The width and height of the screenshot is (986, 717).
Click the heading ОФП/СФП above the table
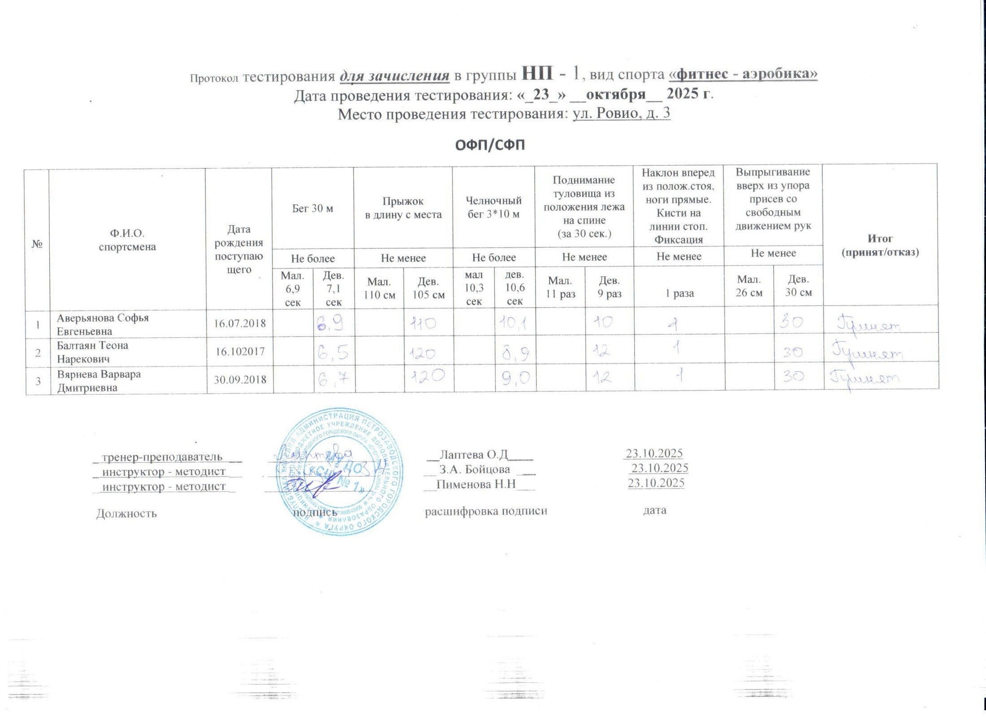[x=489, y=145]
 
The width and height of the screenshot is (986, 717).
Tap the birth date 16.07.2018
[x=240, y=323]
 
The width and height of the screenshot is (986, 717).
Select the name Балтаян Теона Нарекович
[x=92, y=352]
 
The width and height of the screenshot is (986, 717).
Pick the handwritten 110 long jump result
[x=423, y=323]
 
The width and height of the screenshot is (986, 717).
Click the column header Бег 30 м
[x=312, y=208]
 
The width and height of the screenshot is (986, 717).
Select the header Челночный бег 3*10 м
[x=493, y=207]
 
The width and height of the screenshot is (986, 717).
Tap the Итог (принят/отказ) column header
[x=880, y=245]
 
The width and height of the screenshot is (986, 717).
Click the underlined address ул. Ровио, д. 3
[x=621, y=113]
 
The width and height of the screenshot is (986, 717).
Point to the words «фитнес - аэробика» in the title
[x=743, y=74]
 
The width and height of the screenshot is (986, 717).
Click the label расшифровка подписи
[x=486, y=511]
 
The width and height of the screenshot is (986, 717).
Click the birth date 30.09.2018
[x=240, y=380]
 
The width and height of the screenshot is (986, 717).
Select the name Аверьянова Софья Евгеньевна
[x=103, y=324]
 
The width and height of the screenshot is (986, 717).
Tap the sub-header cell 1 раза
[x=679, y=294]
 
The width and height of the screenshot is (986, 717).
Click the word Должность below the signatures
[x=126, y=514]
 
